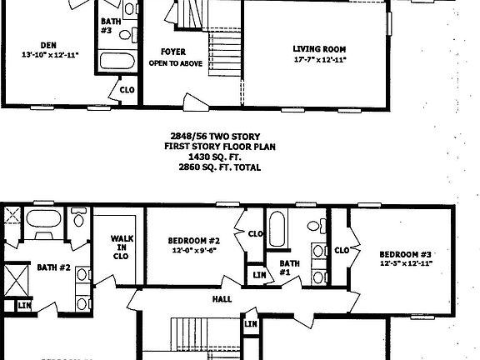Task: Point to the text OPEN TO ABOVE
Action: [174, 62]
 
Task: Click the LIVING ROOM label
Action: [320, 47]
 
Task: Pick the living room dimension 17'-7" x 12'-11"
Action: [320, 59]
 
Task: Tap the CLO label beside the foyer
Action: [127, 89]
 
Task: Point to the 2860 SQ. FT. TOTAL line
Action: [219, 167]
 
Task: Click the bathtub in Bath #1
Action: [277, 230]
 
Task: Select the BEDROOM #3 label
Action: [406, 254]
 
